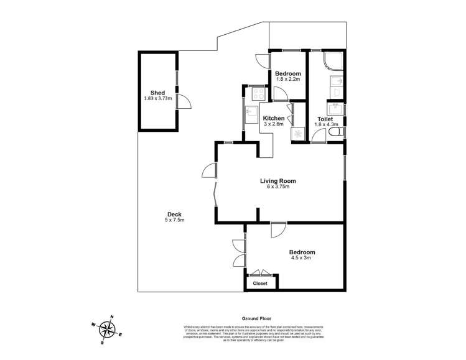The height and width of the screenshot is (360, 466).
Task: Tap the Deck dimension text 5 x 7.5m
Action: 174,219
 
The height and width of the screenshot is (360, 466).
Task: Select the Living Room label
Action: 277,181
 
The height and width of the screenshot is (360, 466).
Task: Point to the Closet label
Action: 260,283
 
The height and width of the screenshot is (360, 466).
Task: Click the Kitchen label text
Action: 273,118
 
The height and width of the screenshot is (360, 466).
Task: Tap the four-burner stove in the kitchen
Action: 258,94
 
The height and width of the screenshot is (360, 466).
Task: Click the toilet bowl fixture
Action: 337,133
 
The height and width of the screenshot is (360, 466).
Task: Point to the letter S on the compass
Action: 103,342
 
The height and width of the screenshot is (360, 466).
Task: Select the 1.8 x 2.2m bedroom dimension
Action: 288,80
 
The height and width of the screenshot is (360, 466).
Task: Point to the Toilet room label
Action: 325,119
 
